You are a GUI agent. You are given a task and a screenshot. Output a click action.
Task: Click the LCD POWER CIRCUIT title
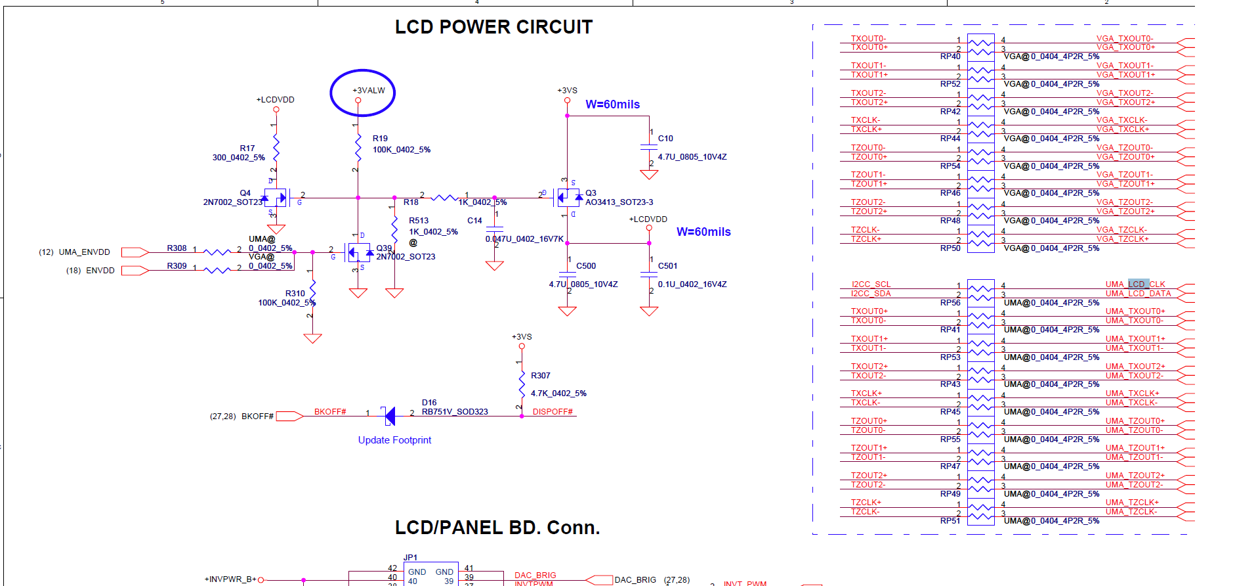point(493,27)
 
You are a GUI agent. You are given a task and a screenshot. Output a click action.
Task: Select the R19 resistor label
point(380,139)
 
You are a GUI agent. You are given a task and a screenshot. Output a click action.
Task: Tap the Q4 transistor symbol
point(276,197)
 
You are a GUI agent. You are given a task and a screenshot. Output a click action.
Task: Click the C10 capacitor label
point(665,139)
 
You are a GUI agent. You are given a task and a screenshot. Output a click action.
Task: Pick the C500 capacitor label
point(586,266)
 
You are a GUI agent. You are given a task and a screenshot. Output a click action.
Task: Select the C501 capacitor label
point(667,266)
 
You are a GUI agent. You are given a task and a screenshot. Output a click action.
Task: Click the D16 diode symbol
point(389,415)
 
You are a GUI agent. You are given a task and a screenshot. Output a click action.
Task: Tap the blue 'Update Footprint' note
point(394,440)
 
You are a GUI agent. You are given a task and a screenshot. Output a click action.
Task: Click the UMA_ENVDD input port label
point(84,252)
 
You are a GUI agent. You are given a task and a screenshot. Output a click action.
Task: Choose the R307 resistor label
point(540,376)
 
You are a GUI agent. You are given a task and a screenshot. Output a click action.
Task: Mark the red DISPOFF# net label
point(553,412)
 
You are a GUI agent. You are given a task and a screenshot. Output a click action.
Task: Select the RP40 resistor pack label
point(950,56)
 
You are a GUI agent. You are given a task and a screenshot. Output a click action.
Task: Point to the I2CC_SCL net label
point(871,284)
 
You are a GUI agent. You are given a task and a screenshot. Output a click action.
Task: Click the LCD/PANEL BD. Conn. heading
point(497,528)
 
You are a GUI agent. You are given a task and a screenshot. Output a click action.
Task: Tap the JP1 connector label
point(410,558)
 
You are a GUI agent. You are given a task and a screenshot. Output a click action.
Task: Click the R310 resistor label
point(295,294)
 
